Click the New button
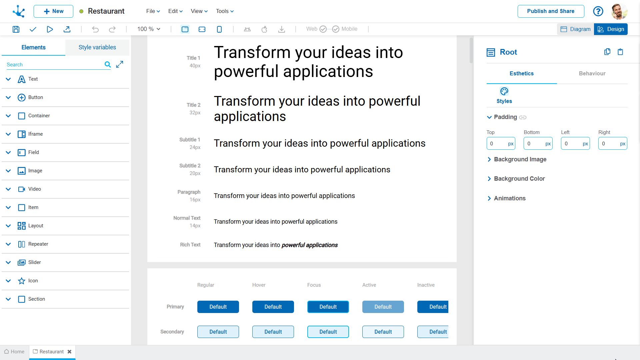[53, 11]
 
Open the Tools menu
[225, 11]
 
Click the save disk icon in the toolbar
[16, 29]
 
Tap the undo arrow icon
[95, 29]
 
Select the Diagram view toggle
[576, 29]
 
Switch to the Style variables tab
[97, 47]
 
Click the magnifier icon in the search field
[108, 64]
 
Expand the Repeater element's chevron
[8, 244]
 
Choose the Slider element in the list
[35, 262]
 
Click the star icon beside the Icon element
[22, 281]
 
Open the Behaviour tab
[592, 73]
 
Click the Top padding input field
[501, 144]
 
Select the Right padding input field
[613, 144]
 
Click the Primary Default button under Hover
[273, 307]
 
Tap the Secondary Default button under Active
[383, 332]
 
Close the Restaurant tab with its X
[69, 352]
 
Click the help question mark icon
[598, 11]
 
